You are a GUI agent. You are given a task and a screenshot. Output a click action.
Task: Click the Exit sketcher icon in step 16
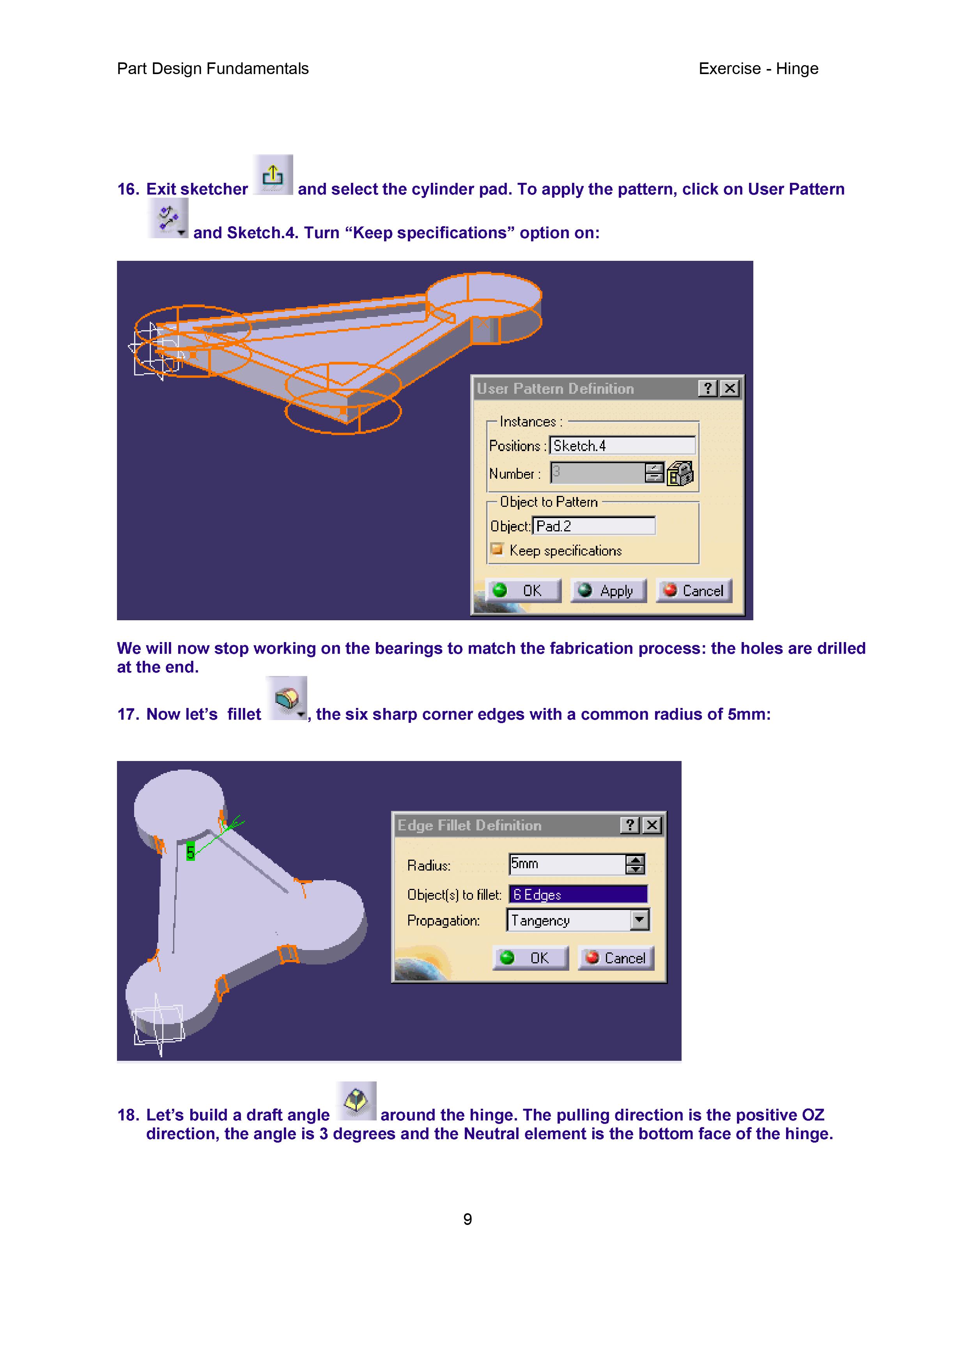point(273,175)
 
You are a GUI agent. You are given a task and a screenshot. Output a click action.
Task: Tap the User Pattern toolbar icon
point(168,219)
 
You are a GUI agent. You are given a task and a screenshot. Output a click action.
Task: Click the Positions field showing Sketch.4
point(622,446)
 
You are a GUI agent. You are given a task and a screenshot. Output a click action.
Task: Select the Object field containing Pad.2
point(593,526)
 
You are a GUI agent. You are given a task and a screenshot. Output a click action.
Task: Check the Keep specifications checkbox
point(496,549)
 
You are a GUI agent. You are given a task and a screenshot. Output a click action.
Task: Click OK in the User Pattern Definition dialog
point(523,591)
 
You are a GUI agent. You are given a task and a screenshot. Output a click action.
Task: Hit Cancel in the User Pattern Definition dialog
point(694,591)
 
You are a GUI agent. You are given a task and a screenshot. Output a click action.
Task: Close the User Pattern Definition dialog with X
point(729,388)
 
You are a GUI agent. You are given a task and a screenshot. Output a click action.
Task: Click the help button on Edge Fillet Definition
point(630,825)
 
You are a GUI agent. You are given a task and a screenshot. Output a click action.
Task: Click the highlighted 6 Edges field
point(578,894)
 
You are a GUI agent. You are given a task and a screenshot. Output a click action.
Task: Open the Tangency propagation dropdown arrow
point(639,920)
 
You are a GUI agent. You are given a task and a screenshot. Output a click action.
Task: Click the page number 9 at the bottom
point(468,1219)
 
